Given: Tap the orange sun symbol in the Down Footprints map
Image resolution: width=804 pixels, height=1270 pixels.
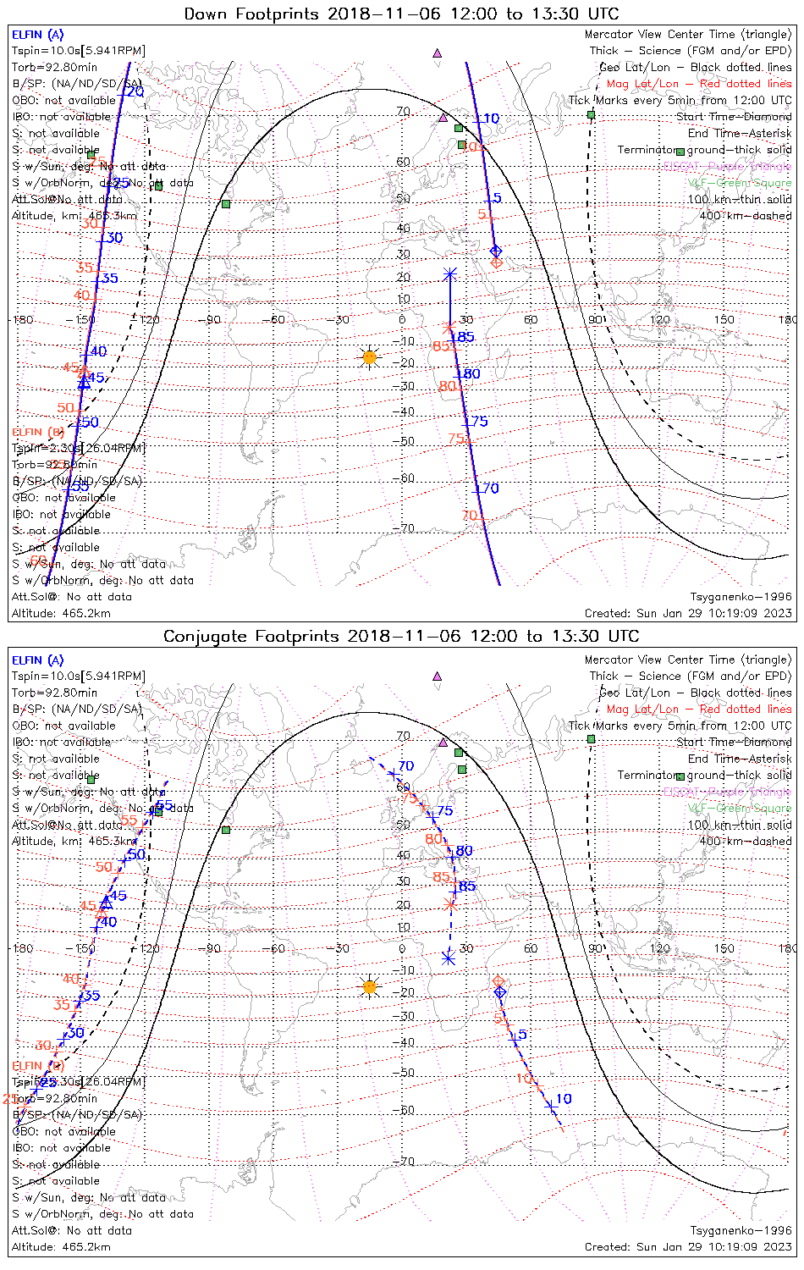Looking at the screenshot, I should pos(369,357).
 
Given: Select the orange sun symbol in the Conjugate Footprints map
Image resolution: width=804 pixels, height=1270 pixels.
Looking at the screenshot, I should pos(369,986).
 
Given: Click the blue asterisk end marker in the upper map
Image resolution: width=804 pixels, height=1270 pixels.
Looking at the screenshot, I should pos(450,274).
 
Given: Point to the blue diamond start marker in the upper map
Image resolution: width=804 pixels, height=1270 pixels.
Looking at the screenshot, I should pos(496,251).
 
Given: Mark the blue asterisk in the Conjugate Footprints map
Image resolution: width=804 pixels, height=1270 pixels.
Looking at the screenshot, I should pos(449,958).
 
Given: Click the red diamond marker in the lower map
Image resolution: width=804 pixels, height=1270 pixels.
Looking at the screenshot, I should pos(498,980).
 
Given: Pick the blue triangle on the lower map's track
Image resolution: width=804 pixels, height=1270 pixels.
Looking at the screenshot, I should pos(107,903).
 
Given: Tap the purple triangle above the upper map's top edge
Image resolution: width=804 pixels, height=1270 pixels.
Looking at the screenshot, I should pos(438,52).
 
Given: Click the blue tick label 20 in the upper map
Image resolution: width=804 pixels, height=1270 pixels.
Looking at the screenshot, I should pos(135,91).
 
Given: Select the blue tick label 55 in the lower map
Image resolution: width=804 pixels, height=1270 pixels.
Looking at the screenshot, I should pos(165,805).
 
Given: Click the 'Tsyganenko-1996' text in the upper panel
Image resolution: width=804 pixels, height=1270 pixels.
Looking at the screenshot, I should pos(741,597).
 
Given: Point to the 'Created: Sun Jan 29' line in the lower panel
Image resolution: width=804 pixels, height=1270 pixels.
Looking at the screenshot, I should pos(688,1246).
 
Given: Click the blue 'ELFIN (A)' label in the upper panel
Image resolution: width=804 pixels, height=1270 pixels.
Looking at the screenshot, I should pos(37,35).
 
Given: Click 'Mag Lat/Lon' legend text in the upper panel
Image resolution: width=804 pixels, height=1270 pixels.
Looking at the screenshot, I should pos(642,84).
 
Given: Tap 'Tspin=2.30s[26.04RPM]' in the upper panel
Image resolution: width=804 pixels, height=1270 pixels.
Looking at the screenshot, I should pos(79,448).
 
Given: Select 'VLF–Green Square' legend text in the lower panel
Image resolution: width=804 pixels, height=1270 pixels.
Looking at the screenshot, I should pos(739,809).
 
